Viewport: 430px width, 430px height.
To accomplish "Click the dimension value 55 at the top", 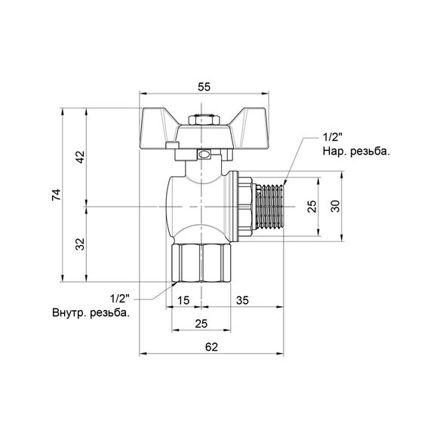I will pyautogui.click(x=204, y=87).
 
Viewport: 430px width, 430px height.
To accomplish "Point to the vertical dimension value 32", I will pyautogui.click(x=80, y=244).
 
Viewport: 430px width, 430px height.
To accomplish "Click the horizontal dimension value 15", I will pyautogui.click(x=183, y=300).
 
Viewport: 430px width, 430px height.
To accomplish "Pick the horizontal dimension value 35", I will pyautogui.click(x=244, y=300).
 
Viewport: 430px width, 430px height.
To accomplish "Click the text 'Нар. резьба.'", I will pyautogui.click(x=355, y=152).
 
